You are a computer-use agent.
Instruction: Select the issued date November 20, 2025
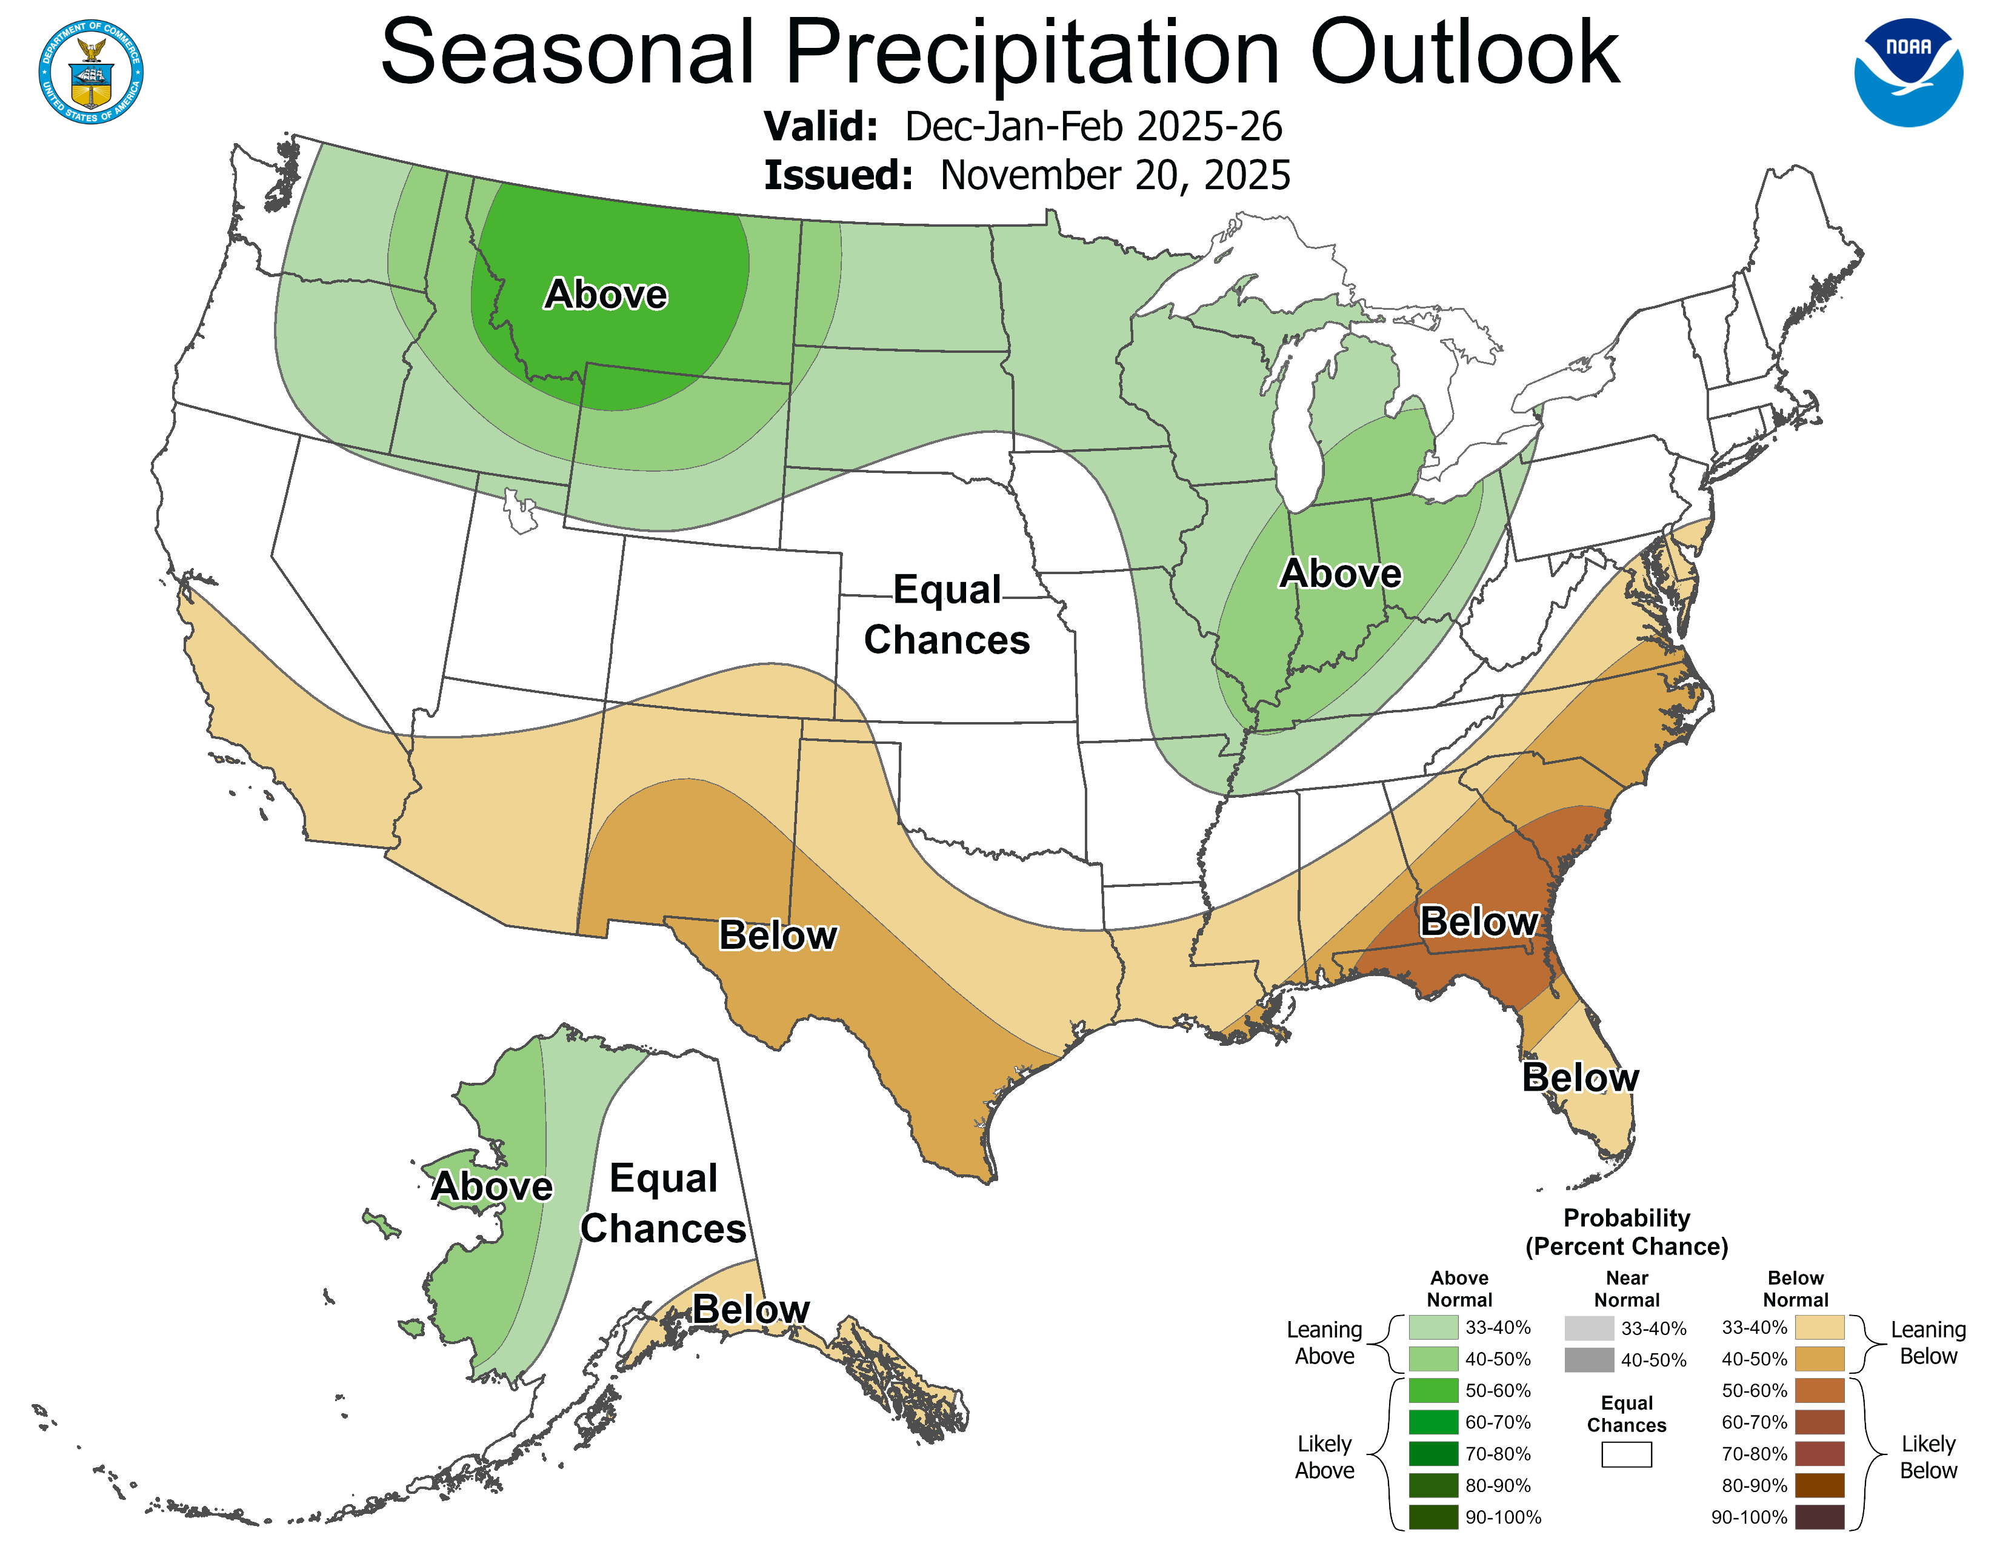pyautogui.click(x=1115, y=176)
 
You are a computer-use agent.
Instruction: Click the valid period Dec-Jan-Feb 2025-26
pyautogui.click(x=1093, y=126)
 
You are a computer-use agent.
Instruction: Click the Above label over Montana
pyautogui.click(x=605, y=294)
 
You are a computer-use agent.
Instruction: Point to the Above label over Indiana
pyautogui.click(x=1340, y=574)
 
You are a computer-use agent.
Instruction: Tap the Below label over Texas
pyautogui.click(x=778, y=935)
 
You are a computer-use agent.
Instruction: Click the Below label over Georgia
pyautogui.click(x=1478, y=922)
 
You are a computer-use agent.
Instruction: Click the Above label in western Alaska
pyautogui.click(x=492, y=1186)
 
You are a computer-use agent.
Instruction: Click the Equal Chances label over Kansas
pyautogui.click(x=947, y=615)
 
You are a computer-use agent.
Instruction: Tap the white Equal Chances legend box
pyautogui.click(x=1627, y=1454)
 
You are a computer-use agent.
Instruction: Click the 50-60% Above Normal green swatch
pyautogui.click(x=1433, y=1390)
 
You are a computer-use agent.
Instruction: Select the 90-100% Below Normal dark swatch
pyautogui.click(x=1819, y=1517)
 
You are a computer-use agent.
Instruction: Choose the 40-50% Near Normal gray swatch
pyautogui.click(x=1589, y=1360)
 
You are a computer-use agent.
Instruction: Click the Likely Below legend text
pyautogui.click(x=1928, y=1456)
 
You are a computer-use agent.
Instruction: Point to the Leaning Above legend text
pyautogui.click(x=1324, y=1343)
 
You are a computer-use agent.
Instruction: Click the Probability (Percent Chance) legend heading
pyautogui.click(x=1627, y=1232)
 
